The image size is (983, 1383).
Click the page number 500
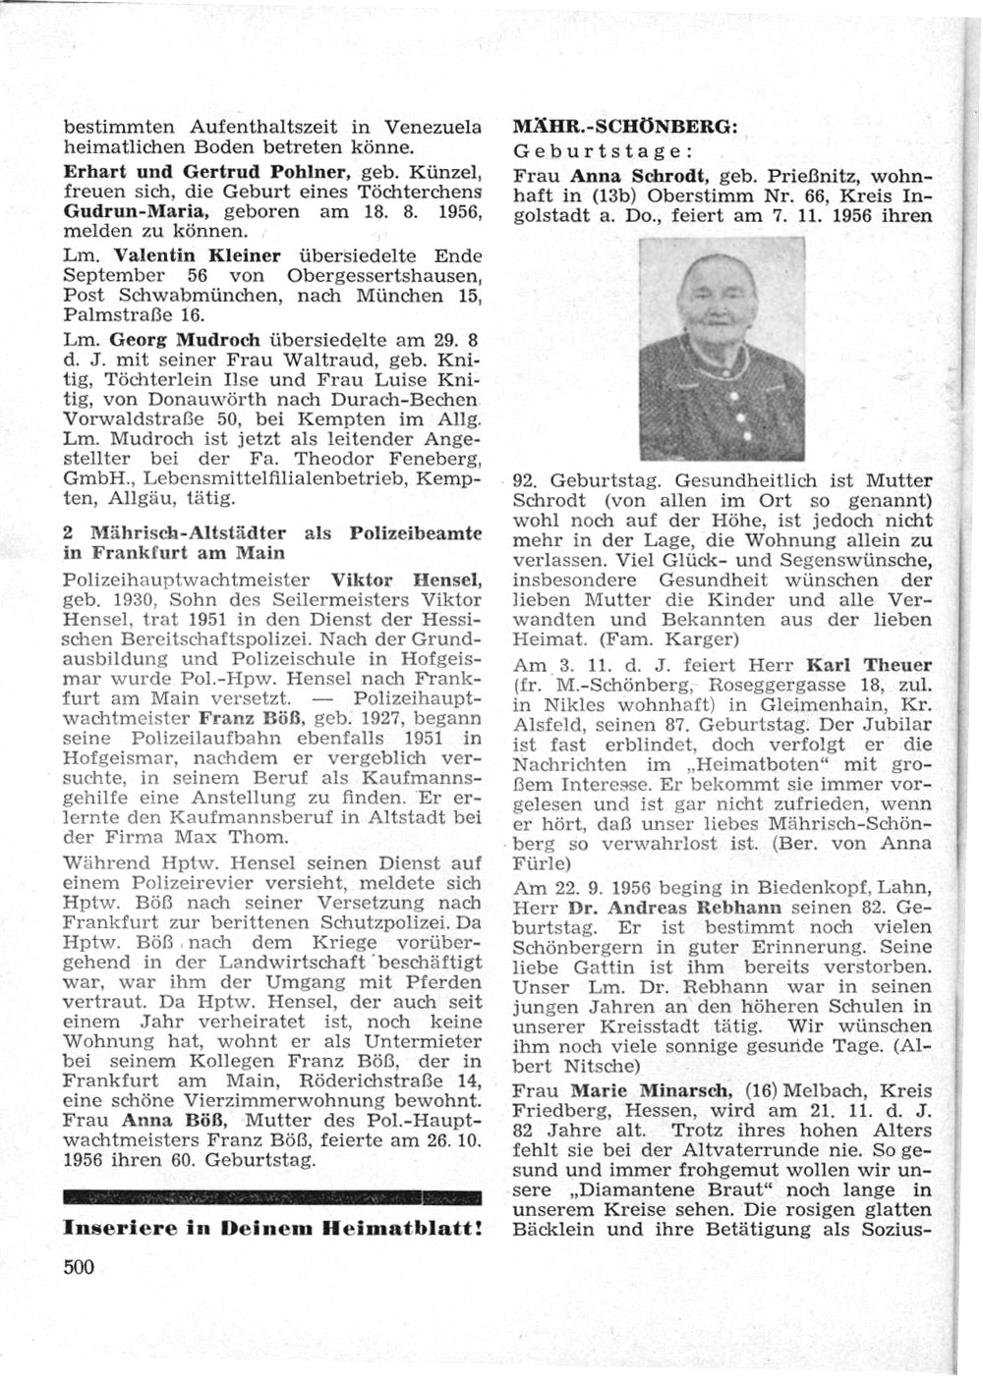pyautogui.click(x=79, y=1267)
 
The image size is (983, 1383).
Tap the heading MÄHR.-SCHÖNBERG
pyautogui.click(x=625, y=127)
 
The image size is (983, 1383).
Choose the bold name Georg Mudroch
pyautogui.click(x=185, y=340)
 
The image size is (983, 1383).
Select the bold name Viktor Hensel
pyautogui.click(x=406, y=580)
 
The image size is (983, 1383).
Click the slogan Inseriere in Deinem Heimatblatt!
pyautogui.click(x=271, y=1228)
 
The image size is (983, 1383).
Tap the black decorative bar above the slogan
pyautogui.click(x=271, y=1198)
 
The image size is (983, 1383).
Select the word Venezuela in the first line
pyautogui.click(x=433, y=128)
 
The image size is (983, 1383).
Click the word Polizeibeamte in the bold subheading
pyautogui.click(x=416, y=533)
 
